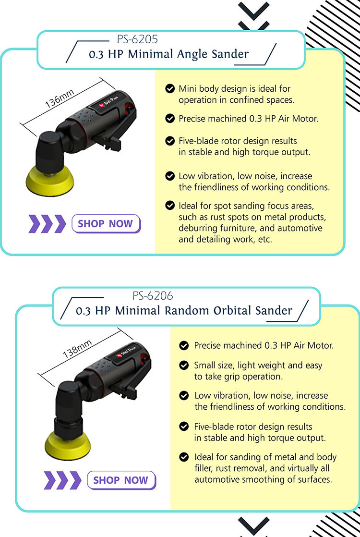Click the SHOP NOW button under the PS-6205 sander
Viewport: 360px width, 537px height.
tap(106, 224)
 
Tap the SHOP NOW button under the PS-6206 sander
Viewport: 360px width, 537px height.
tap(121, 480)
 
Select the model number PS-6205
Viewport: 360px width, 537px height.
tap(137, 39)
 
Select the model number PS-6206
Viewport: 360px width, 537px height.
tap(153, 295)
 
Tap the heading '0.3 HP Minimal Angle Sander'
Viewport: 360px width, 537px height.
tap(169, 54)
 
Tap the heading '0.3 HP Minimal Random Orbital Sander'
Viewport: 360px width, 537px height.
tap(184, 310)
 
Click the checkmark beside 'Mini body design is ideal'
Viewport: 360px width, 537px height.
tap(169, 88)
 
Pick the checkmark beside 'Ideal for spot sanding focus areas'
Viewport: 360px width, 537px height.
tap(169, 206)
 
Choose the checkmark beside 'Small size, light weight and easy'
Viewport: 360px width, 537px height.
tap(184, 366)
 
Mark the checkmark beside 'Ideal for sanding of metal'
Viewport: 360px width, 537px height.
tap(184, 457)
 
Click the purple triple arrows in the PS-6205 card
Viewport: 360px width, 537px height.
tap(47, 224)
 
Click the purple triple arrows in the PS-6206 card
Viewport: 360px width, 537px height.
tap(62, 480)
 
